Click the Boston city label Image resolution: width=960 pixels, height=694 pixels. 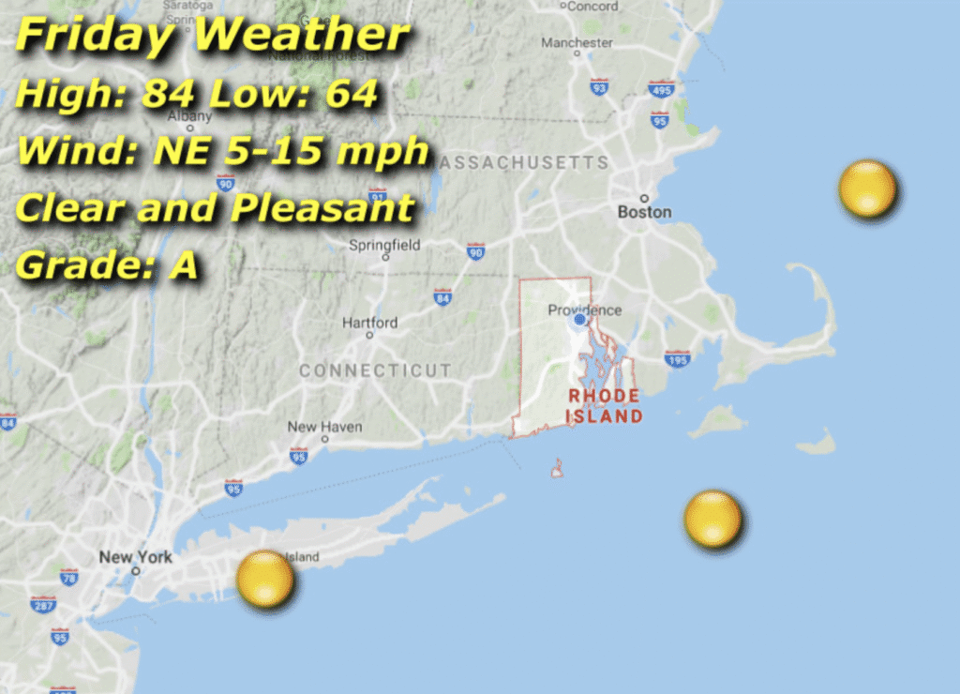pos(644,212)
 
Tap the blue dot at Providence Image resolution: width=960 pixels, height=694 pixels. pos(579,320)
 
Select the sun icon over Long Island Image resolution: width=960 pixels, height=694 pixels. pos(265,579)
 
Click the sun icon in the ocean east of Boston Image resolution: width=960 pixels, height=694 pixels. pos(867,189)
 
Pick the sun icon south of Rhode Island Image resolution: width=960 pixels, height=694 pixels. pos(712,519)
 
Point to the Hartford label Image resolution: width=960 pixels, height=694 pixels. pos(369,323)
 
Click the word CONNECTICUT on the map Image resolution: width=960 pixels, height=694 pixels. pos(375,371)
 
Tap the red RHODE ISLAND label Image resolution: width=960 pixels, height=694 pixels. pos(605,406)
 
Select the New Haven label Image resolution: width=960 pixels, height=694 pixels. pos(324,428)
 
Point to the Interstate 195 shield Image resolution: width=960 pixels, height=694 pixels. pos(677,359)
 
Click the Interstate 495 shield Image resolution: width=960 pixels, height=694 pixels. pos(661,89)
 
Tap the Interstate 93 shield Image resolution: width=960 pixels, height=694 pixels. pos(599,87)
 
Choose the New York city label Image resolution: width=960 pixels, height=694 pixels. pos(136,557)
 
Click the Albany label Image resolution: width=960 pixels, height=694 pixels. pos(189,116)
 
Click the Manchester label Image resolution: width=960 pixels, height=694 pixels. pos(577,43)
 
